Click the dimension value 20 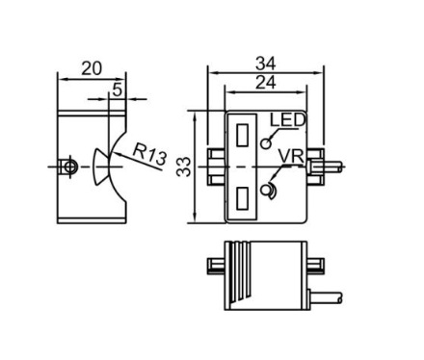pos(92,68)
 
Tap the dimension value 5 pos(118,90)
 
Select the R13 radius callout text pos(149,154)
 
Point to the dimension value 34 pos(265,64)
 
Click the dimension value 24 pos(265,83)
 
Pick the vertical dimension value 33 pos(184,167)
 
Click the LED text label pos(287,120)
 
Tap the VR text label pos(291,157)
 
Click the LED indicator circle pos(266,143)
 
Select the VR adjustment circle pos(267,191)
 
